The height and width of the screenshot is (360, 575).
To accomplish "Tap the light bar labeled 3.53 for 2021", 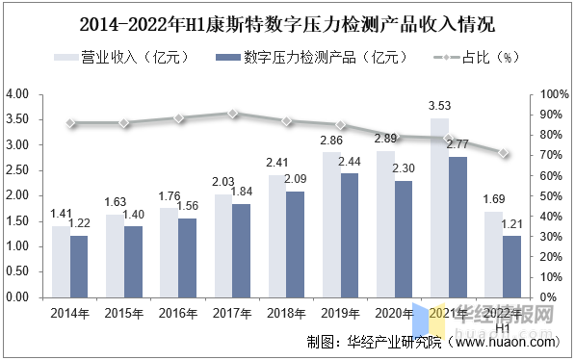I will point(439,207).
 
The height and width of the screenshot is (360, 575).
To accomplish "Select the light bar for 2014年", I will point(61,261).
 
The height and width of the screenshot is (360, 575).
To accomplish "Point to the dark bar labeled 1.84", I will point(242,249).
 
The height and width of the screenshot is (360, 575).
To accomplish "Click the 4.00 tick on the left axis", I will point(18,94).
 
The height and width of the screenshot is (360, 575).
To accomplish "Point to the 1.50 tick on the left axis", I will point(18,221).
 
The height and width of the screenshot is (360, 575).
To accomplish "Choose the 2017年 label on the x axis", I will point(232,314).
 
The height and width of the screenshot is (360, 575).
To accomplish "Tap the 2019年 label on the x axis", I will point(340,314).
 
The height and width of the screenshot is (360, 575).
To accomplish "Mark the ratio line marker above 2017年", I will point(233,114).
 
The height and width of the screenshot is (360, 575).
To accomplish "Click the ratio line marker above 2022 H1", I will point(503,153).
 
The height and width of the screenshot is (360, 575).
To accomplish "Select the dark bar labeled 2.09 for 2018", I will point(296,244).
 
